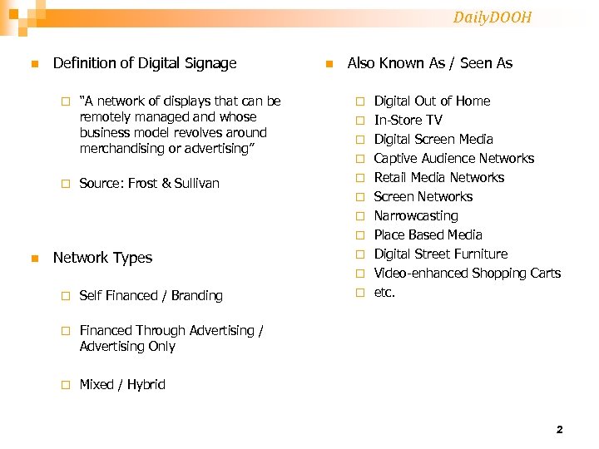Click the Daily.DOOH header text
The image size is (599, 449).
[x=493, y=17]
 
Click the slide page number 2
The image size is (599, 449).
[x=559, y=430]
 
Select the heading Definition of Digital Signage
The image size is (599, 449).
[x=145, y=63]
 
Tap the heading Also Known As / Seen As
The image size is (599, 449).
[x=429, y=63]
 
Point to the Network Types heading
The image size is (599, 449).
[x=102, y=258]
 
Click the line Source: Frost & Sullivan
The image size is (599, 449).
[x=150, y=183]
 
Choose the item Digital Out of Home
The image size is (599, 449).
[x=432, y=101]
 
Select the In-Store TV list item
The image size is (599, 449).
[x=408, y=121]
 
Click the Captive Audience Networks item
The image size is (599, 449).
[x=453, y=159]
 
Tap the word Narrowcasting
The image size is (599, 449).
[x=416, y=216]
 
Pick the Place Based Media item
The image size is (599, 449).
[x=428, y=235]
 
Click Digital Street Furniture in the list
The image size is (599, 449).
[x=440, y=254]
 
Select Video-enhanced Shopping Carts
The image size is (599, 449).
[x=467, y=274]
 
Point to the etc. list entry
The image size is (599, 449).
[x=384, y=293]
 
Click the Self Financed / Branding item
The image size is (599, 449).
[x=151, y=296]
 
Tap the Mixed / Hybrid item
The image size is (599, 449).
[x=122, y=385]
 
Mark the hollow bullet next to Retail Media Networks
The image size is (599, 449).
[x=359, y=178]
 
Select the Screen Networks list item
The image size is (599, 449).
[x=423, y=197]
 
